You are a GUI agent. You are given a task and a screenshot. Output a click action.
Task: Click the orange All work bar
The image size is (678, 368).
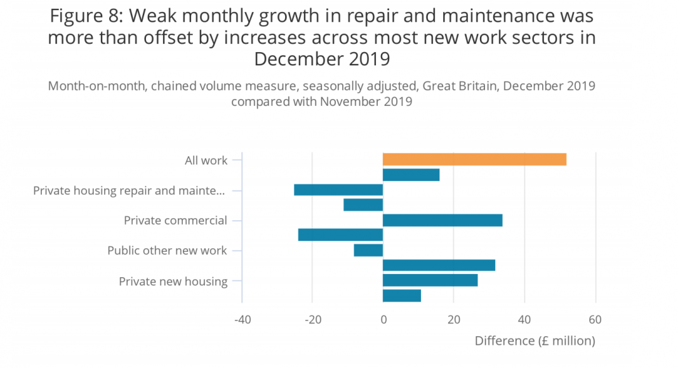(474, 159)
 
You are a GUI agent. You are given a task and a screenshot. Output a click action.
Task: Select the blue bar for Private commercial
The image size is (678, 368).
(442, 220)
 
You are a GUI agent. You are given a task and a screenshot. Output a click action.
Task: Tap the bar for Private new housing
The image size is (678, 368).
(430, 280)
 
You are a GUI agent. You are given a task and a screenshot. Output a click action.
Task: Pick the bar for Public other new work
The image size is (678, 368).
(368, 250)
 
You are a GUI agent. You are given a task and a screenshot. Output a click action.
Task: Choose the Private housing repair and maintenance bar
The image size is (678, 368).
(338, 190)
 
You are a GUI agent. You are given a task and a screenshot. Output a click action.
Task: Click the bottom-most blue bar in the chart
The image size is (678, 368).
(401, 295)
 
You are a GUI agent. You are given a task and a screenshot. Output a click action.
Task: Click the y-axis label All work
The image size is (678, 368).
(206, 161)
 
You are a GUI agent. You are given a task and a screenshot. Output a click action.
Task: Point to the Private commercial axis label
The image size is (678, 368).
(175, 221)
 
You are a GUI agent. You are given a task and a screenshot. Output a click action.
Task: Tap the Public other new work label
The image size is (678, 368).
(167, 251)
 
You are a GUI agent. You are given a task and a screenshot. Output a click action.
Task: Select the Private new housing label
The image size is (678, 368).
(173, 281)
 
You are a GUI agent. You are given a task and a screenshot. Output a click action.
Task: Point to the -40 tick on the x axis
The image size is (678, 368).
(242, 320)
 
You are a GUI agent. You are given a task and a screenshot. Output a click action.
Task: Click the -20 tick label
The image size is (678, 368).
(312, 320)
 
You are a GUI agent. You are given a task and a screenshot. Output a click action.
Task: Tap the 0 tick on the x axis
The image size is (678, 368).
(383, 320)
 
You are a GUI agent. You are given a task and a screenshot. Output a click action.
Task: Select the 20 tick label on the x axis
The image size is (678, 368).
(453, 320)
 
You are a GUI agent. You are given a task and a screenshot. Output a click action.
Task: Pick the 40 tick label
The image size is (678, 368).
(524, 320)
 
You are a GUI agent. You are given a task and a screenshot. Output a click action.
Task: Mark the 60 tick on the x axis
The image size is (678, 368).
(595, 320)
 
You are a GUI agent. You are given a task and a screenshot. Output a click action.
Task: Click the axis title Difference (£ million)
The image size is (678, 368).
(535, 341)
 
